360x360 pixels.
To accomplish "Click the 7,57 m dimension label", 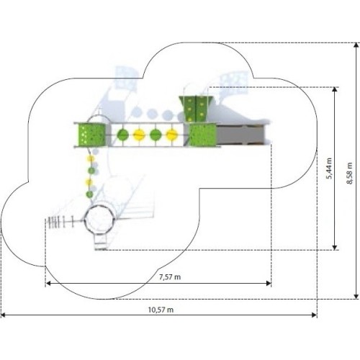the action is click(x=170, y=277).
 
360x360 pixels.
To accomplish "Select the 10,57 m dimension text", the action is click(x=161, y=310).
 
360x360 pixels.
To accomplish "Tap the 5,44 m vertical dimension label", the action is click(x=329, y=168).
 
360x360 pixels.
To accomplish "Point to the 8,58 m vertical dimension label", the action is click(x=349, y=174).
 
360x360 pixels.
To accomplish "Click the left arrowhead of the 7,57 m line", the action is click(x=48, y=284).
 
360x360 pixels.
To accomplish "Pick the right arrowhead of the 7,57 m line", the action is click(x=269, y=284).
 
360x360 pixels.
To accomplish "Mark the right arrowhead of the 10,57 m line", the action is click(x=314, y=315).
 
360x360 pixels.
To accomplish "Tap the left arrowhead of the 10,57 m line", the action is click(x=4, y=315).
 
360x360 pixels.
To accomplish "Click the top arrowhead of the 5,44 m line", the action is click(x=335, y=89).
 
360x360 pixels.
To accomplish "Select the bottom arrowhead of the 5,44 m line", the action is click(x=335, y=248).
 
